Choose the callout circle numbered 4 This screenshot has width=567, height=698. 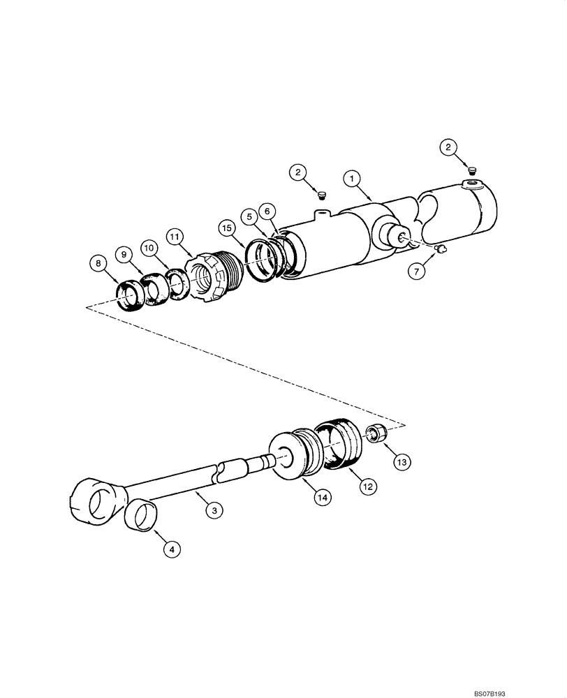click(172, 549)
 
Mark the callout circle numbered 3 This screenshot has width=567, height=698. click(214, 511)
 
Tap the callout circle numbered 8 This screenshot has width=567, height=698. click(98, 263)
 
